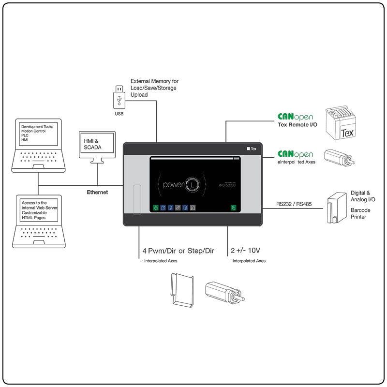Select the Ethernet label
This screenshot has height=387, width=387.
pyautogui.click(x=97, y=192)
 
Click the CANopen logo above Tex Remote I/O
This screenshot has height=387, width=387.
pyautogui.click(x=295, y=117)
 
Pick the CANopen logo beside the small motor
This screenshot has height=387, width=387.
pyautogui.click(x=295, y=154)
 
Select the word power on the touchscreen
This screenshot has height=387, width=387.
pyautogui.click(x=173, y=184)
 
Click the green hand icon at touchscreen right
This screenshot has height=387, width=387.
pyautogui.click(x=233, y=208)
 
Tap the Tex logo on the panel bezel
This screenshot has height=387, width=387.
pyautogui.click(x=251, y=149)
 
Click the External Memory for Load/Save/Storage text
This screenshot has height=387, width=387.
pyautogui.click(x=154, y=88)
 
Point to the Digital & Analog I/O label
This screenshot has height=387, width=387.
pyautogui.click(x=363, y=196)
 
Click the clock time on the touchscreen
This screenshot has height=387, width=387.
pyautogui.click(x=227, y=185)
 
